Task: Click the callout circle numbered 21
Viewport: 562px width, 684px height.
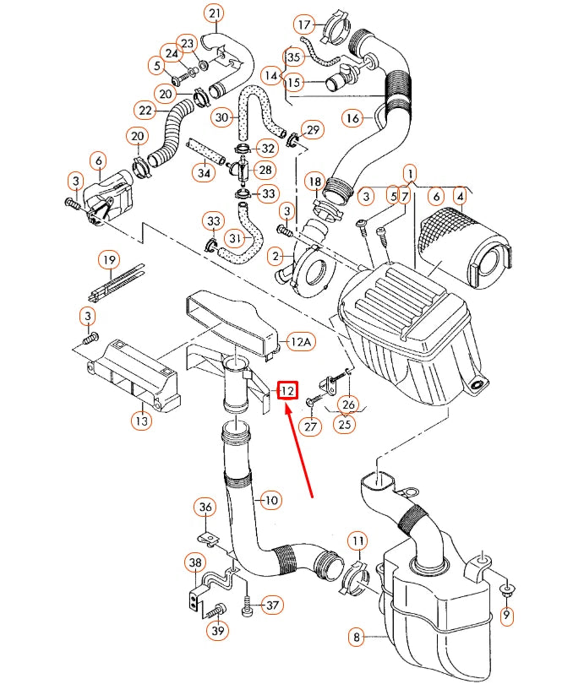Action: [215, 14]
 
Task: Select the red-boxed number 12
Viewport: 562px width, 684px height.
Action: [288, 390]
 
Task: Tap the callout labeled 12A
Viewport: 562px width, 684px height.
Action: [300, 341]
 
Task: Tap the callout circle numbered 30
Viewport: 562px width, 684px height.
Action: [222, 117]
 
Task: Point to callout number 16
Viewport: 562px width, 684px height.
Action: [352, 117]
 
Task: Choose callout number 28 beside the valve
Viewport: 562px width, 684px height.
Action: [265, 171]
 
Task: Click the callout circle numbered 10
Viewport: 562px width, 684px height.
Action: [270, 500]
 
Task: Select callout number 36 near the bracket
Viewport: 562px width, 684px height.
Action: [205, 507]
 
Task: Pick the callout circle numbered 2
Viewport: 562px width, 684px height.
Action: [275, 255]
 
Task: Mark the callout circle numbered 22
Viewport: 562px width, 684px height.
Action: [145, 109]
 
